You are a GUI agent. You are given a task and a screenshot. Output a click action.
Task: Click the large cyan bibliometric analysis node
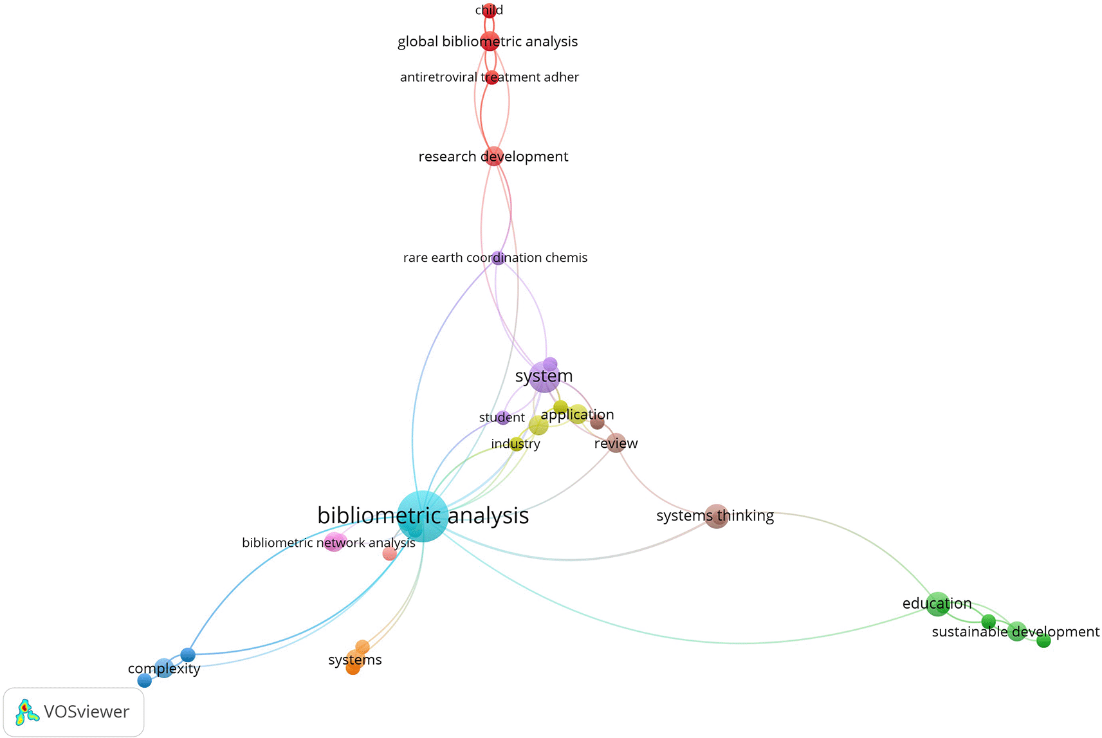click(422, 515)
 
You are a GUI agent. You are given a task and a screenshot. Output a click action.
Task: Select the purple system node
click(544, 376)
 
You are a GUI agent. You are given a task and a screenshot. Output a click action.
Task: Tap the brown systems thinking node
click(716, 516)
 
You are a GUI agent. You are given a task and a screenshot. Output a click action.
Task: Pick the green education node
click(937, 604)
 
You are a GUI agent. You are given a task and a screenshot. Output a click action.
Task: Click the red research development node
click(493, 156)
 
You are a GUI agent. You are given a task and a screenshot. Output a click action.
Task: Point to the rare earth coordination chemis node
click(498, 258)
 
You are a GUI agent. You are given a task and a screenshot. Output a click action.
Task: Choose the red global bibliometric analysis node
click(490, 41)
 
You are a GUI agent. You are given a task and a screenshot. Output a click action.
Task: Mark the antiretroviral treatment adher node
click(491, 78)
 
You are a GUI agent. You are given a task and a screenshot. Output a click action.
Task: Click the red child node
click(490, 10)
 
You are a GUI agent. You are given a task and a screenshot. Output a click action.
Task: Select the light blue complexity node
click(165, 669)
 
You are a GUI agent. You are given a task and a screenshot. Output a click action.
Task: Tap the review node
click(616, 443)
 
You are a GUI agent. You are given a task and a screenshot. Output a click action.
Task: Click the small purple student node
click(503, 418)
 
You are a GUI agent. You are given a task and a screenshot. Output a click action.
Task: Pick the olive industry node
click(517, 444)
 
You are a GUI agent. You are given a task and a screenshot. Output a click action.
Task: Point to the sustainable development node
click(1016, 631)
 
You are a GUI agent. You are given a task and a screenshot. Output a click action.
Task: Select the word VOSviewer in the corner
click(86, 712)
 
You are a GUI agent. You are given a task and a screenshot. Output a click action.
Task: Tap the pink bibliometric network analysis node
click(335, 542)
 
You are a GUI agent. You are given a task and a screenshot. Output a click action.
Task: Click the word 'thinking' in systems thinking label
click(745, 516)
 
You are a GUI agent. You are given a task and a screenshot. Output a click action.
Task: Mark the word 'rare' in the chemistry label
click(416, 258)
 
